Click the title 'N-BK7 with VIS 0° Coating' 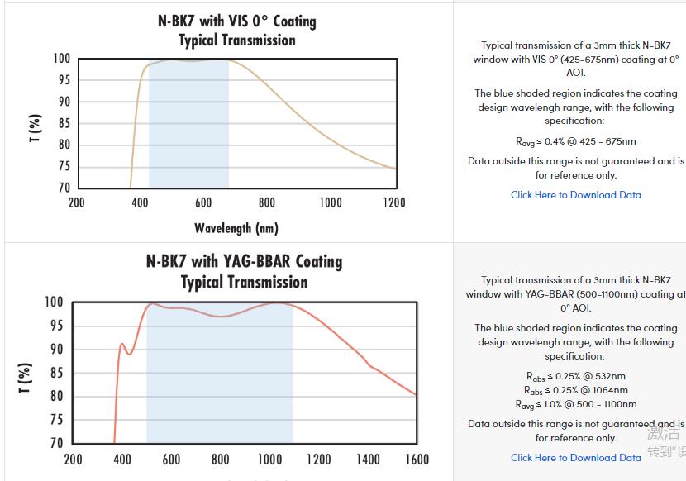pos(236,21)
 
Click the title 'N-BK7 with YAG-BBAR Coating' pos(244,261)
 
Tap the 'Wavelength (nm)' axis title pos(236,228)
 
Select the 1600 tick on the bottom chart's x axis pos(417,460)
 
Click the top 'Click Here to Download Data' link pos(575,195)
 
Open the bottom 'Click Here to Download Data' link pos(575,457)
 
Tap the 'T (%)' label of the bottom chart pos(26,378)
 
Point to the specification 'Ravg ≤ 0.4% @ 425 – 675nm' pos(575,141)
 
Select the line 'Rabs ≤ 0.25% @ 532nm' pos(575,376)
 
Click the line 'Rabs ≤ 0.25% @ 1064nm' pos(575,390)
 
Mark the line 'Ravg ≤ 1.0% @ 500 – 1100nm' pos(575,404)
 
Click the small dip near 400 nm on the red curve pos(128,354)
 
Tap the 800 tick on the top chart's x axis pos(266,202)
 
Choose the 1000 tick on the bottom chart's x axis pos(269,460)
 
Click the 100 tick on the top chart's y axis pos(62,59)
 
